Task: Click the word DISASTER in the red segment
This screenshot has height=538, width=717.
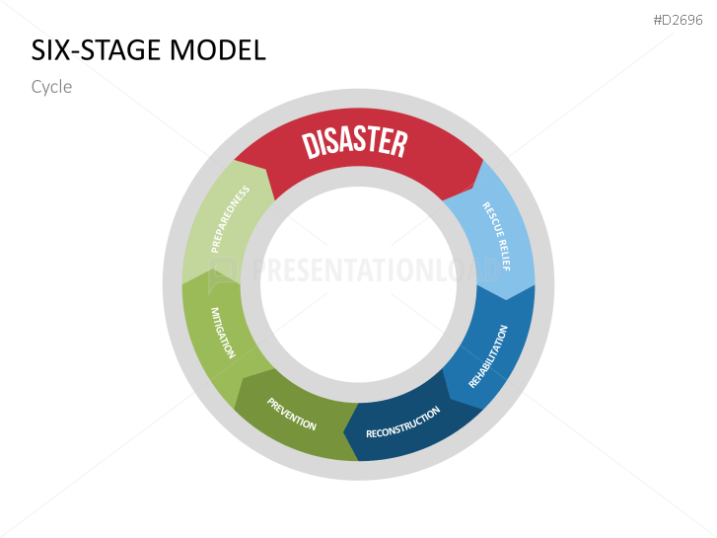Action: click(x=355, y=142)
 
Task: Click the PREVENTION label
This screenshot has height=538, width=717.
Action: click(x=292, y=414)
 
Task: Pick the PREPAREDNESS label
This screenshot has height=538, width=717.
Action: click(x=230, y=218)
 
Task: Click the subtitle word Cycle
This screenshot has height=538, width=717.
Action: click(x=51, y=87)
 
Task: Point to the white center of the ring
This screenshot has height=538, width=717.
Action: click(x=358, y=286)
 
